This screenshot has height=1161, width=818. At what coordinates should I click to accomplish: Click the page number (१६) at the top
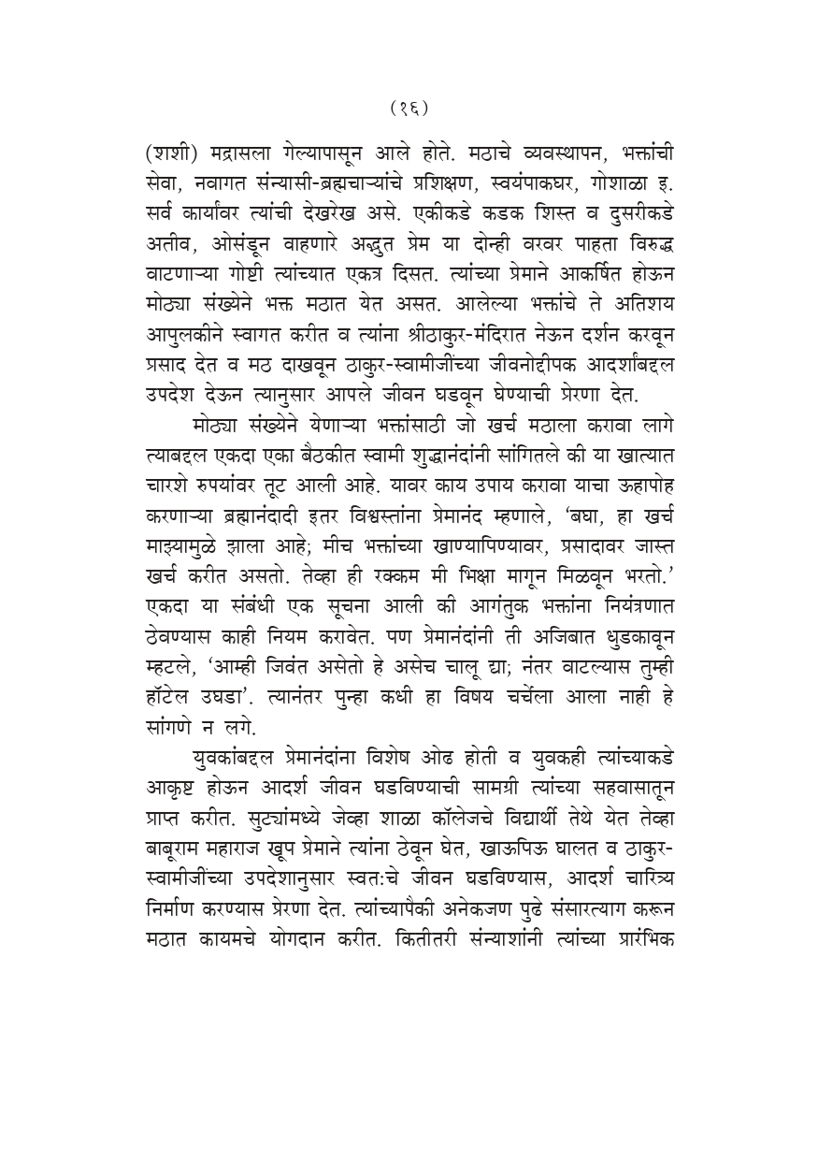(409, 109)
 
